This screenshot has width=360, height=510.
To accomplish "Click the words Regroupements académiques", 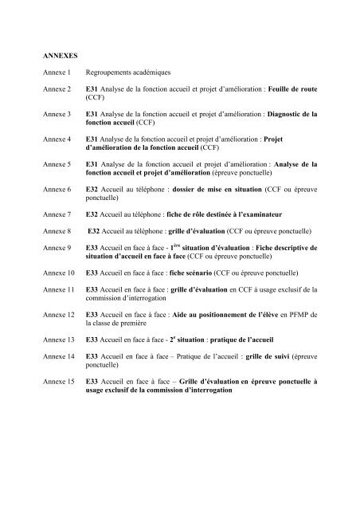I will [131, 72].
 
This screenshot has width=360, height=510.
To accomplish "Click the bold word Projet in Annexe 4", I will [303, 139].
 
